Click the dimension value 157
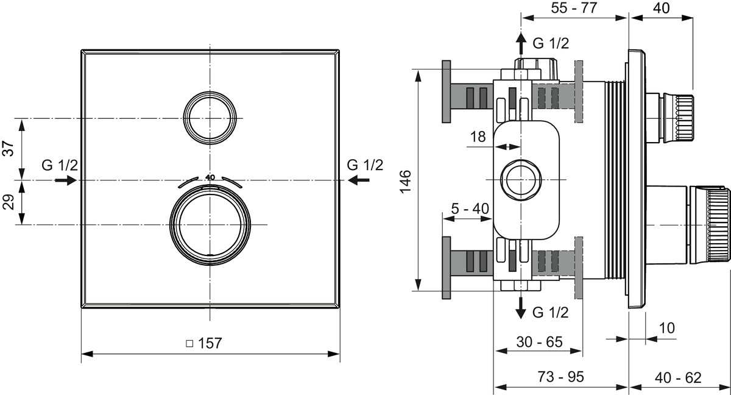tap(210, 343)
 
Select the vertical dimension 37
tap(9, 148)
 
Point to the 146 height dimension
tap(406, 181)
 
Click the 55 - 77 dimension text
tap(573, 8)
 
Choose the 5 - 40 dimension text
tap(470, 208)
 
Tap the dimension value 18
tap(478, 137)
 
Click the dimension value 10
tap(667, 328)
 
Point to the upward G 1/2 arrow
tap(521, 44)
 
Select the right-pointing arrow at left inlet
tap(65, 180)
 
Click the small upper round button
tap(210, 118)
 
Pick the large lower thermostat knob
tap(210, 226)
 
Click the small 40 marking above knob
tap(211, 177)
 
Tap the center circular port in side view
tap(520, 180)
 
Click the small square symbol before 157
tap(189, 344)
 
